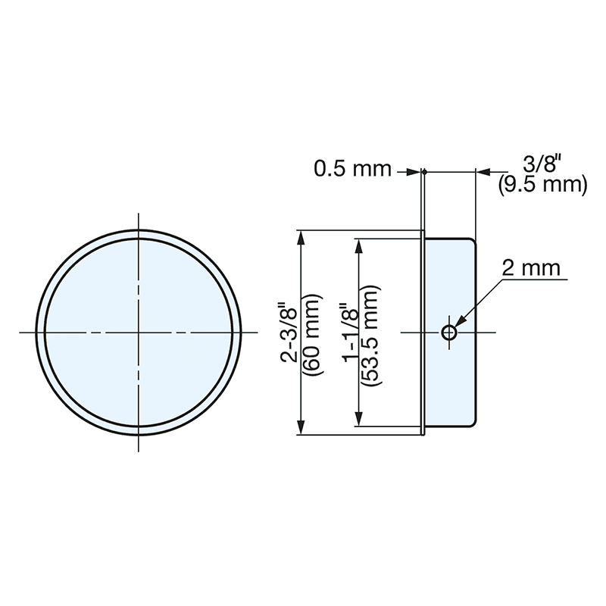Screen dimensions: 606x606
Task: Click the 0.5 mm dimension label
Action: [352, 169]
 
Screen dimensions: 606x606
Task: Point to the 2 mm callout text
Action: [530, 268]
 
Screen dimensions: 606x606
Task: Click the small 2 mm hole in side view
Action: [449, 332]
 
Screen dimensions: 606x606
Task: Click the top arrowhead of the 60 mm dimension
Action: [302, 236]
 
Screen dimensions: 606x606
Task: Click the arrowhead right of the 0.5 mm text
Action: [412, 170]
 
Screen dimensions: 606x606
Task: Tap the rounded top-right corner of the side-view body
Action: [472, 243]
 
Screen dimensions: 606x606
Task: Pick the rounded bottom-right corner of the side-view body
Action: [472, 421]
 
